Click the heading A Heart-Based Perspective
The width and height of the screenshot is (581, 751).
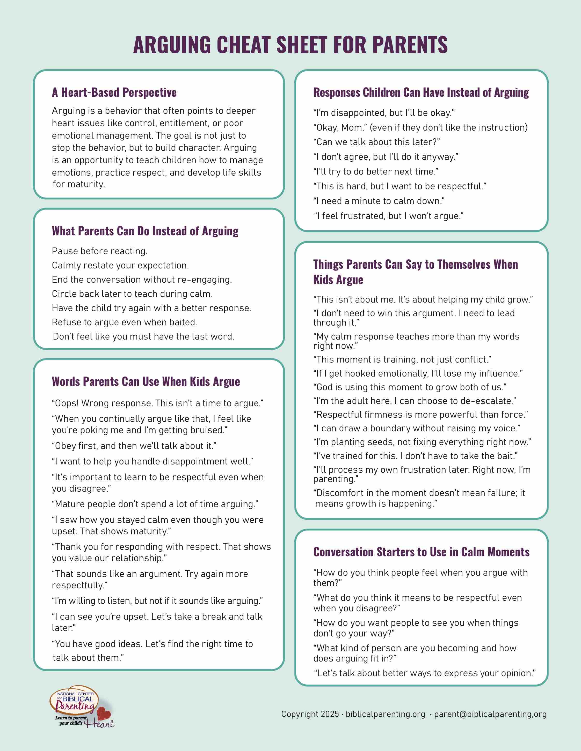tap(114, 93)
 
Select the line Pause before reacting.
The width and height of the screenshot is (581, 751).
tap(99, 251)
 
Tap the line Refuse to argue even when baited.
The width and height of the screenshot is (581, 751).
tap(124, 322)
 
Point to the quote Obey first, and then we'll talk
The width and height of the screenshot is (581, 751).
tap(134, 446)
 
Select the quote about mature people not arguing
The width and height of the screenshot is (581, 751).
tap(155, 504)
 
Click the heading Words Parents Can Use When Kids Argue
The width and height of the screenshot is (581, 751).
tap(146, 382)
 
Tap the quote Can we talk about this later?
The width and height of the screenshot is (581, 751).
tap(376, 142)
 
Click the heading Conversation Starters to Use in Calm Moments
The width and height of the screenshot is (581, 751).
tap(421, 552)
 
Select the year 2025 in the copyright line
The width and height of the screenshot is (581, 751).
tap(330, 714)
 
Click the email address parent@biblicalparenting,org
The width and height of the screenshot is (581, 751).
tap(490, 714)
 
